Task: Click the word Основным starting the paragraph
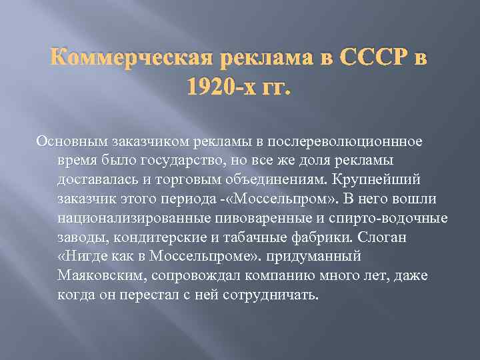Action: (x=67, y=141)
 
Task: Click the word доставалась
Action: (x=97, y=180)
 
